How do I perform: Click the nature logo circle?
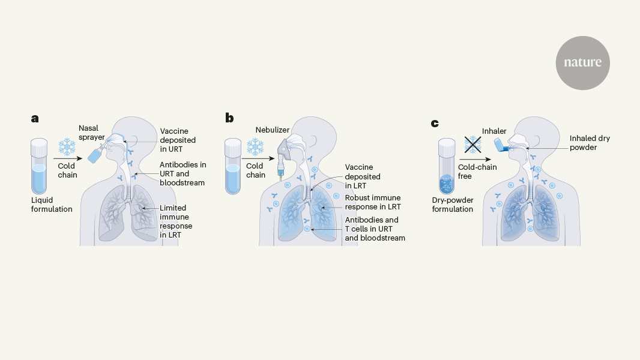pyautogui.click(x=582, y=62)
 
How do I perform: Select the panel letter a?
pyautogui.click(x=35, y=118)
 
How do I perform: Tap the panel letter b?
pyautogui.click(x=229, y=118)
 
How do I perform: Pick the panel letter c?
pyautogui.click(x=435, y=124)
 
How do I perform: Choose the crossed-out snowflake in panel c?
pyautogui.click(x=473, y=144)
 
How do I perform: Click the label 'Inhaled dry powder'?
pyautogui.click(x=590, y=143)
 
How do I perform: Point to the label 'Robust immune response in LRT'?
pyautogui.click(x=372, y=202)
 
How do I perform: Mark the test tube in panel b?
pyautogui.click(x=234, y=167)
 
